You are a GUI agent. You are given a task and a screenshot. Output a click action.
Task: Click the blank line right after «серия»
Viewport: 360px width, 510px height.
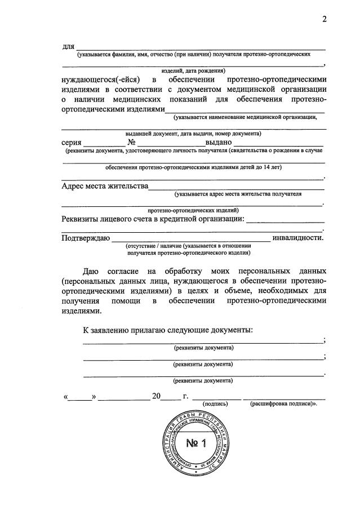point(101,144)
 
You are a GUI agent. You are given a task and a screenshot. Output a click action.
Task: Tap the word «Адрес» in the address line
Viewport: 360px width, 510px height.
point(75,185)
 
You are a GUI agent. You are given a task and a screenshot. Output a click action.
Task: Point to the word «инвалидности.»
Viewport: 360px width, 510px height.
point(297,237)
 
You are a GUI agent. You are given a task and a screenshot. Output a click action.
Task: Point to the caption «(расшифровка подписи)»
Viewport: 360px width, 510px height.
point(281,404)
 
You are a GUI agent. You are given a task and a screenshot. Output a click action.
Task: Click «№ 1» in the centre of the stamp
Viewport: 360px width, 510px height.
point(197,443)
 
